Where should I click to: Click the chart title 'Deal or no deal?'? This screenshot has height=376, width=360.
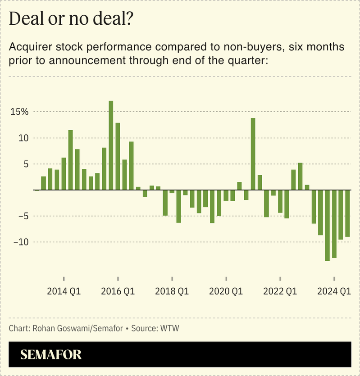tap(71, 19)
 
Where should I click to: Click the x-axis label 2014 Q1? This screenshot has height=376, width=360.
tap(64, 291)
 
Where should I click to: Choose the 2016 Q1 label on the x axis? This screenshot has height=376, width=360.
tap(118, 291)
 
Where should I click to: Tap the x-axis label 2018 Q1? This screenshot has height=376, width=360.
tap(172, 291)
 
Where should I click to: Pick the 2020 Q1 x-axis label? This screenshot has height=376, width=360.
tap(226, 291)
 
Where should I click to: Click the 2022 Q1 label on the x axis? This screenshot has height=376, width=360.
tap(280, 291)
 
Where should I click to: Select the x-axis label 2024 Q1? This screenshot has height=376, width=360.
tap(334, 291)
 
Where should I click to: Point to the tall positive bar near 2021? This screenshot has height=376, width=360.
tap(253, 154)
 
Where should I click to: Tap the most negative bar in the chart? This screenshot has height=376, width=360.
tap(327, 225)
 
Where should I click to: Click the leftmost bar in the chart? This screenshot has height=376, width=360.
tap(43, 183)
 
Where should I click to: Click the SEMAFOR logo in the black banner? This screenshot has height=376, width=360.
tap(51, 354)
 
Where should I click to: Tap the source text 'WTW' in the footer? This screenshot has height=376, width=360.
tap(171, 328)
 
